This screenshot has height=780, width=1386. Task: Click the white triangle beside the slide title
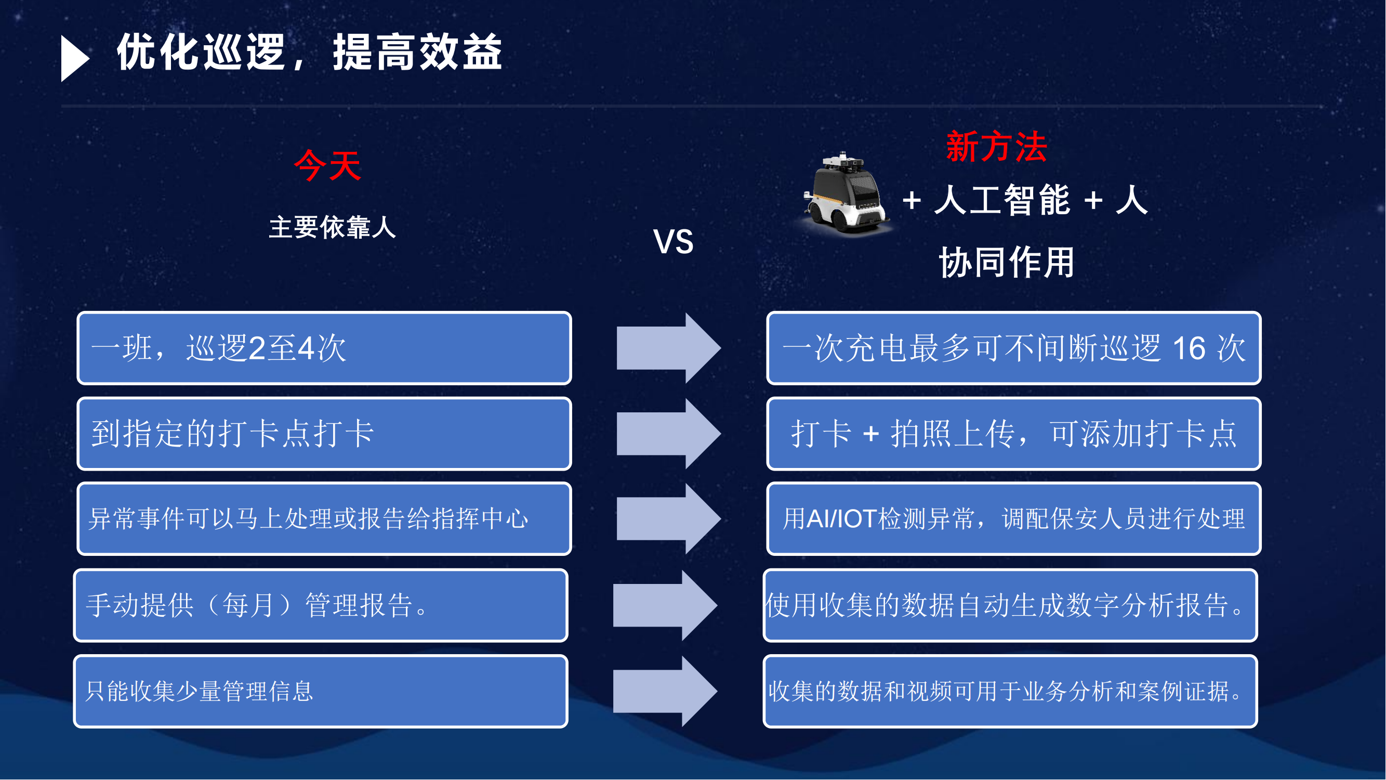click(x=73, y=58)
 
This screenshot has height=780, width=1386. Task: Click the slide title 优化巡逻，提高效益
click(x=309, y=52)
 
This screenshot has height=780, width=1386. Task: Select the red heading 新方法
click(x=996, y=147)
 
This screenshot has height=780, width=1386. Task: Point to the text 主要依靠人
click(x=333, y=227)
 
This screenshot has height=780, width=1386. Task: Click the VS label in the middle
click(x=673, y=242)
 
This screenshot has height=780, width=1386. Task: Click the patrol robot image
click(x=846, y=195)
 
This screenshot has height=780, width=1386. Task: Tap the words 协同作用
click(x=1007, y=263)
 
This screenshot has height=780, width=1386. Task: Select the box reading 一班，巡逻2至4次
click(x=324, y=348)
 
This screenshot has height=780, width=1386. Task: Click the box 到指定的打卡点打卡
click(x=324, y=434)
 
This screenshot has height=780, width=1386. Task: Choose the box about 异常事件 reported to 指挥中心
click(x=324, y=519)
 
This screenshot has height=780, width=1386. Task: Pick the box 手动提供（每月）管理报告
click(x=321, y=605)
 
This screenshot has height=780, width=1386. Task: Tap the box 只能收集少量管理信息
click(x=321, y=691)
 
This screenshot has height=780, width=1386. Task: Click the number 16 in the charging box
click(x=1189, y=348)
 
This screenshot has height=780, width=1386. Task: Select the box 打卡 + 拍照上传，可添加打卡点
click(x=1014, y=434)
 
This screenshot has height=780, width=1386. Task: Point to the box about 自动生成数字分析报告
click(x=1010, y=605)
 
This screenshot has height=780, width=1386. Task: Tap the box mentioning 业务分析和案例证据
click(x=1010, y=691)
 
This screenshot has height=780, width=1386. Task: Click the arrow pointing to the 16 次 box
click(x=668, y=348)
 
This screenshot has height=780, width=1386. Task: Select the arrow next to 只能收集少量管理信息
click(x=665, y=691)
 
